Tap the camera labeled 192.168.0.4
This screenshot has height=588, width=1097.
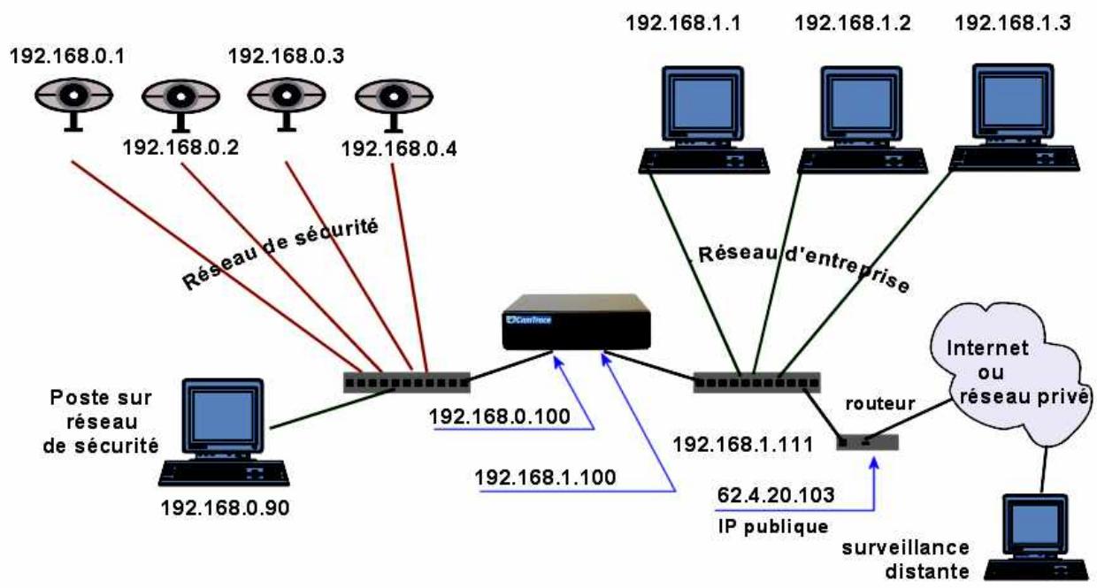click(x=392, y=96)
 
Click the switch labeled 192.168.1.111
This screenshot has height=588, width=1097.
click(x=756, y=383)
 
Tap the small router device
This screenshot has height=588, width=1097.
click(x=868, y=441)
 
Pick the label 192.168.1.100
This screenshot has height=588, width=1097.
click(x=545, y=477)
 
